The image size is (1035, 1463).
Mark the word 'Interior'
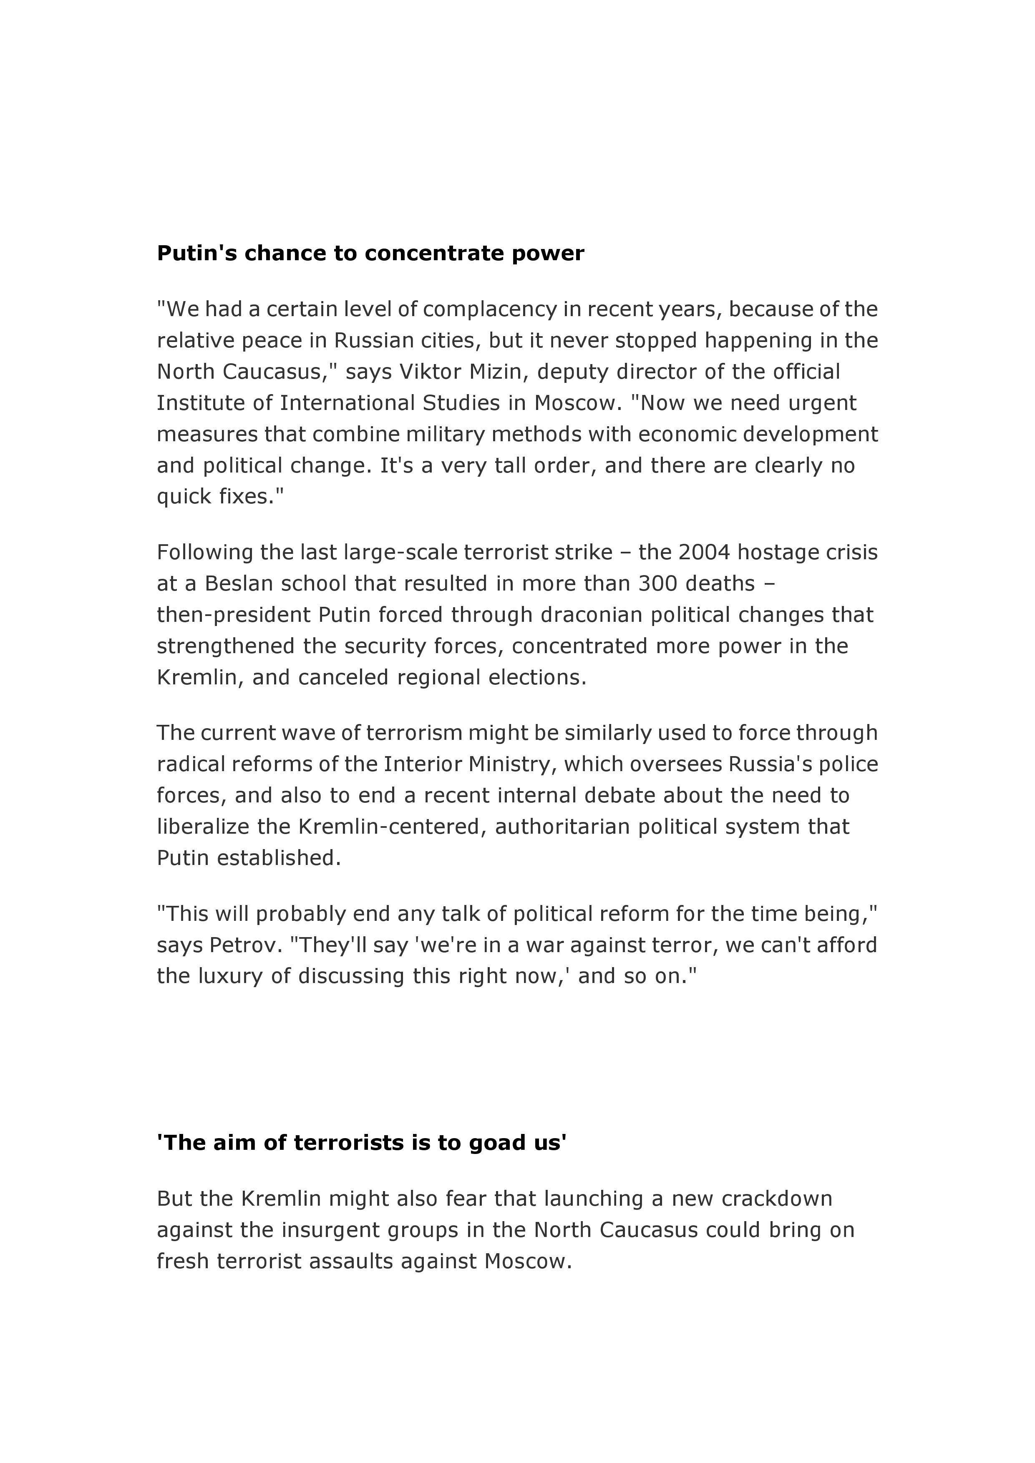(422, 764)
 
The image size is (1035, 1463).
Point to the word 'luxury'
(230, 976)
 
